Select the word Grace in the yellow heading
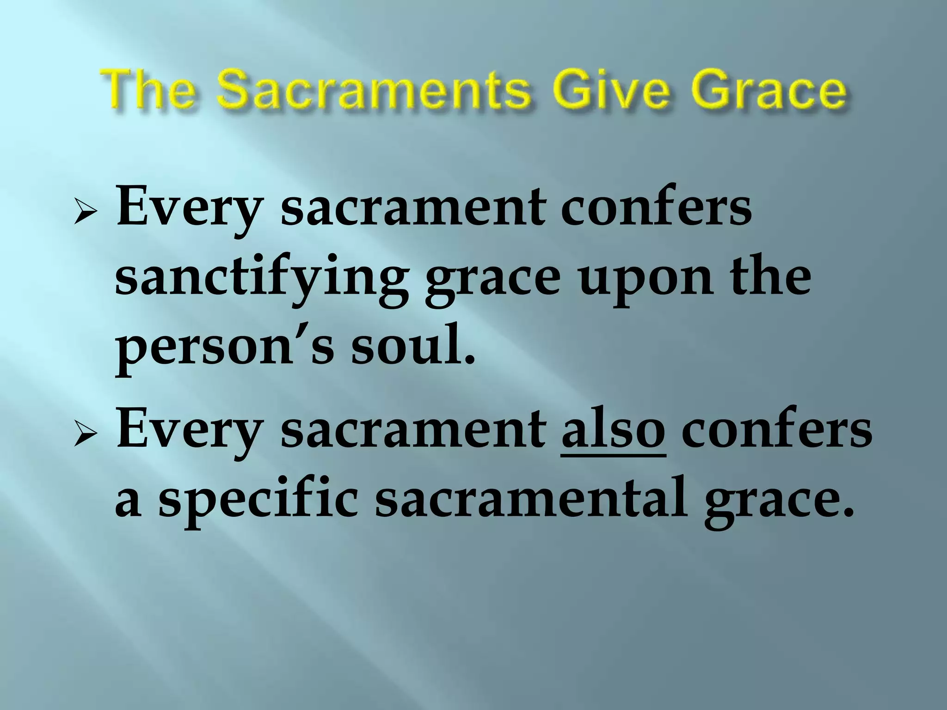click(766, 92)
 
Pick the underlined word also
click(613, 430)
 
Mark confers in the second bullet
click(777, 430)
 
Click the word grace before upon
click(493, 282)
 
